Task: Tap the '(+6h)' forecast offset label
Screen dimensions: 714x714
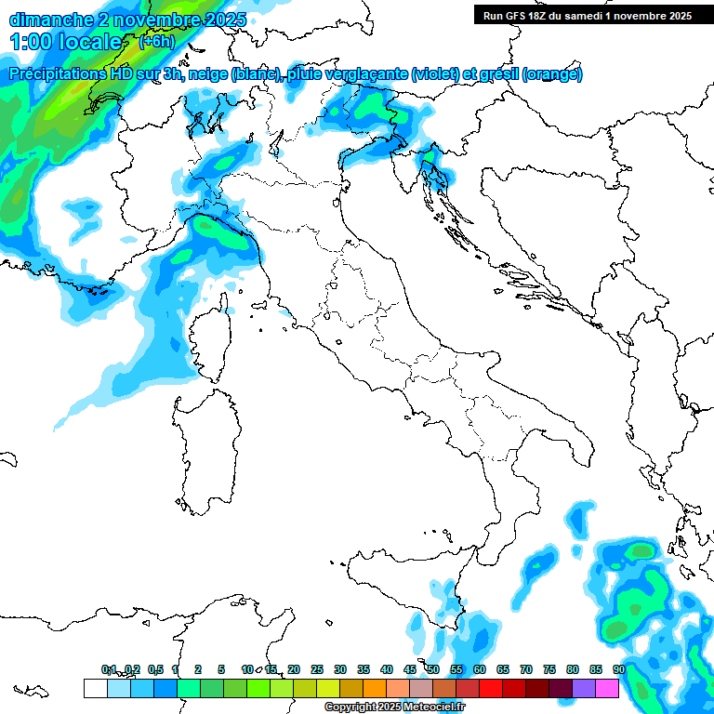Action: point(156,41)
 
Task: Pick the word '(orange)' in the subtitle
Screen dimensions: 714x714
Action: point(552,74)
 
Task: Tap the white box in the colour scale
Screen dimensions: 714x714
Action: point(95,688)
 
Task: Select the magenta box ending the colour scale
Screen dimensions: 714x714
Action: point(607,688)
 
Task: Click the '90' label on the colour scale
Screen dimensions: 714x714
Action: point(618,669)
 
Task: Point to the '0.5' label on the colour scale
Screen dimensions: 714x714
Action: point(154,669)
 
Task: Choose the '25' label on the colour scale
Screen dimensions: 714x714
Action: point(317,669)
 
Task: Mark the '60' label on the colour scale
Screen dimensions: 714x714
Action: point(480,669)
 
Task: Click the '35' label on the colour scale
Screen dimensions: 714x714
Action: point(364,669)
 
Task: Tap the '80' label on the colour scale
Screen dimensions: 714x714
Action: point(572,669)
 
